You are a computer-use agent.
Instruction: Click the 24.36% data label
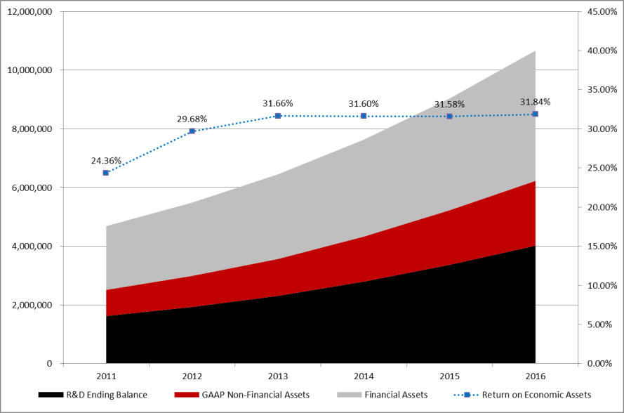106,160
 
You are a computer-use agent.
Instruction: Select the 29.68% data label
192,119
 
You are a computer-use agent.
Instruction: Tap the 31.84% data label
535,102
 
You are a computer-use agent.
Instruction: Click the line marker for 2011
106,172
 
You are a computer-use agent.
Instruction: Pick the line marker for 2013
278,115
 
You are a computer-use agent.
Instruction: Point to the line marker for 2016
535,114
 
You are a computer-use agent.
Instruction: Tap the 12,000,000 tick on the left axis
29,12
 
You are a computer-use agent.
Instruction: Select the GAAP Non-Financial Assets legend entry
241,394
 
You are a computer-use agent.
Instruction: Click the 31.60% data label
364,104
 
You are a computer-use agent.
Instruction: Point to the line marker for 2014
364,116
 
